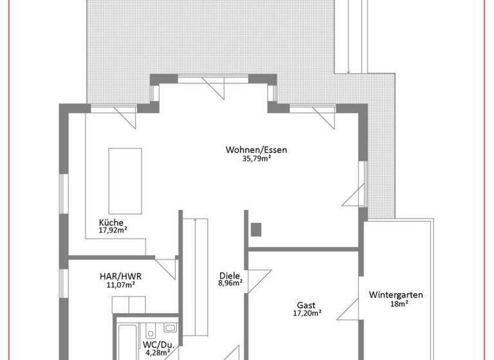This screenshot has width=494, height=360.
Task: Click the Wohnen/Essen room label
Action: (256, 150)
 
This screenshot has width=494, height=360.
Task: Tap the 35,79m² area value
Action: (255, 159)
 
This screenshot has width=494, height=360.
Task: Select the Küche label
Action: (111, 222)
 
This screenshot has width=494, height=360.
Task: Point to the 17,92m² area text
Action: (113, 231)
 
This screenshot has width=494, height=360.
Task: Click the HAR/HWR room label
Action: (120, 276)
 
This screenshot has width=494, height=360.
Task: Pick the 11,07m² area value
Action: (120, 285)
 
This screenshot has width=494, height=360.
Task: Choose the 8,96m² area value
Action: (230, 282)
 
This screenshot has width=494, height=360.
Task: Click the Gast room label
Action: (306, 305)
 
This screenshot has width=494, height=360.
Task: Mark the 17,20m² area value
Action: (307, 314)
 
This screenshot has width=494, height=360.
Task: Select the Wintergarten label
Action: (396, 295)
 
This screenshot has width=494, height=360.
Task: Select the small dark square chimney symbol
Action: (257, 228)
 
